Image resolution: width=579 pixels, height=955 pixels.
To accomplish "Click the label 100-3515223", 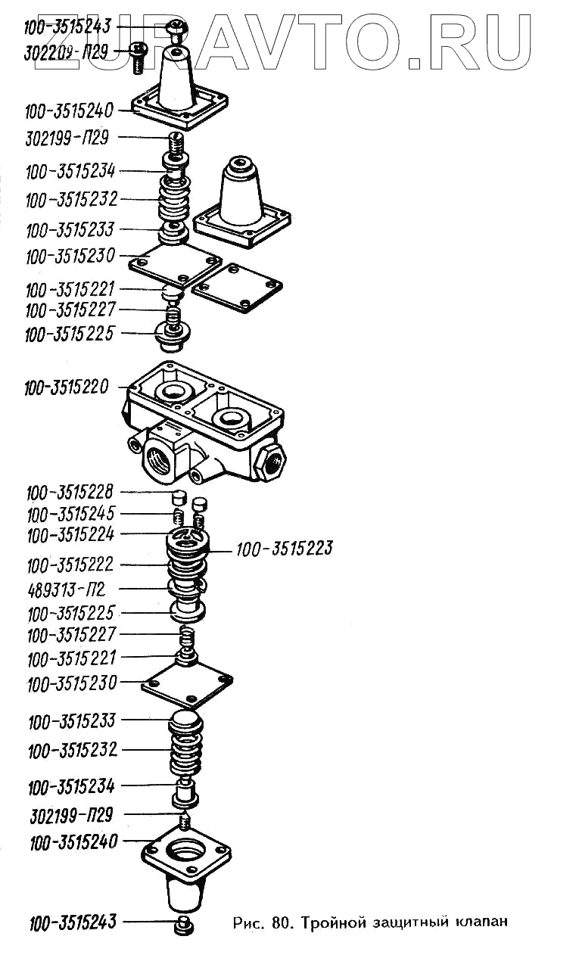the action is coord(285,548).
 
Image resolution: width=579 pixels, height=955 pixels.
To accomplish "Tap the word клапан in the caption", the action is coord(481,923).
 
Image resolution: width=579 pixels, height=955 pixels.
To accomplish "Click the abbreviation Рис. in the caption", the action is coord(249,922).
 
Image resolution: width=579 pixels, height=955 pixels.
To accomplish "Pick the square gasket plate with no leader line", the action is coord(238,288).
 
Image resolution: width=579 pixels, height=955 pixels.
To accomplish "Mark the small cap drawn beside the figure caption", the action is coord(184,924).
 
